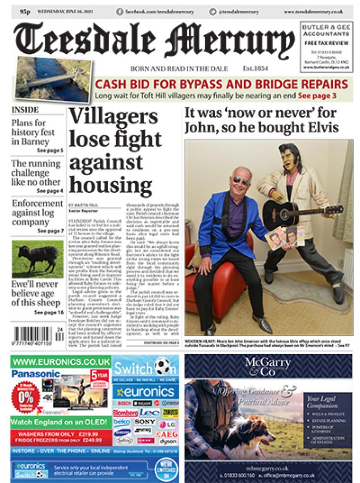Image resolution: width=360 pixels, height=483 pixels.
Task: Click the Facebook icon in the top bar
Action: [x=119, y=12]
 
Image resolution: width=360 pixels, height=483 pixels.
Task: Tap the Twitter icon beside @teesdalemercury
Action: [x=212, y=12]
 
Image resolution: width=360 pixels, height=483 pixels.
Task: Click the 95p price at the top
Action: [x=25, y=12]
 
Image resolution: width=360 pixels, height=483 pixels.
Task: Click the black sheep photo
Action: [x=38, y=259]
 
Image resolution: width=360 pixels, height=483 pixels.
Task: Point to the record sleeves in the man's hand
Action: [x=284, y=237]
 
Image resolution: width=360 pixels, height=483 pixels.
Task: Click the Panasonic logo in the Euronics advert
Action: [x=36, y=374]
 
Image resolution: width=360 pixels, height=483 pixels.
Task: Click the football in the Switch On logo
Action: [x=162, y=368]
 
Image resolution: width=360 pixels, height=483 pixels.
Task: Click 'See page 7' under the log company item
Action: [x=51, y=231]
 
